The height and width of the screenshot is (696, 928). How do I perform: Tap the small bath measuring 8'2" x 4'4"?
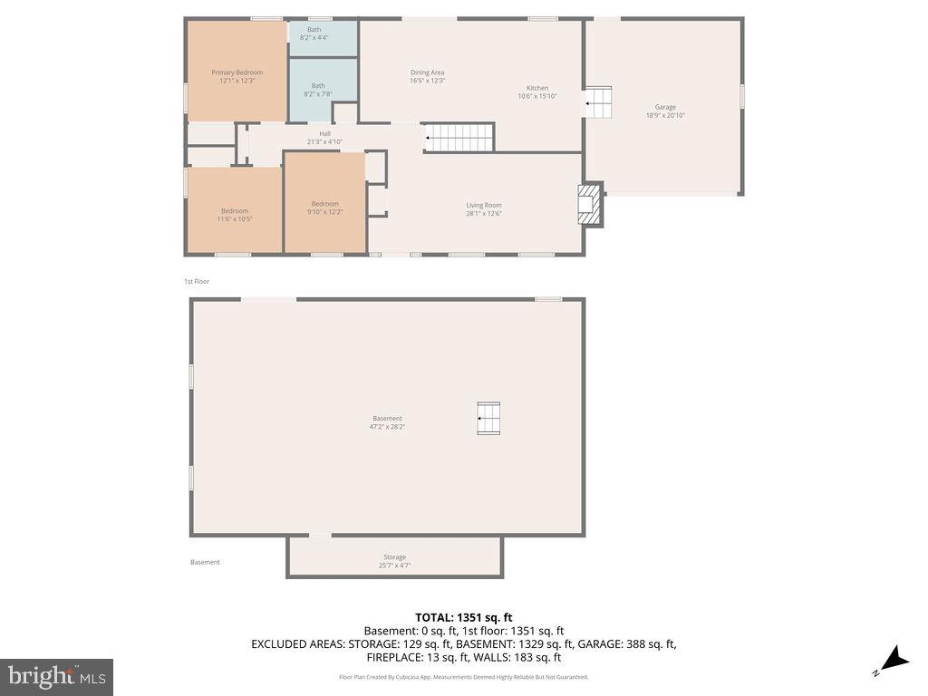(314, 34)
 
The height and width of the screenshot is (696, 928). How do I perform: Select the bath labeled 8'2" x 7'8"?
(317, 90)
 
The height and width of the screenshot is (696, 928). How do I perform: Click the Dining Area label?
(427, 76)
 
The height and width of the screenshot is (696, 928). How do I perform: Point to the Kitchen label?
(537, 92)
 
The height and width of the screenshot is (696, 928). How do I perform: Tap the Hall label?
(324, 138)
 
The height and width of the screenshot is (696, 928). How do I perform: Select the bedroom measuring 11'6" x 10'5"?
(234, 215)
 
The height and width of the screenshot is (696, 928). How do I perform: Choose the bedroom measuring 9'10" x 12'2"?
(324, 208)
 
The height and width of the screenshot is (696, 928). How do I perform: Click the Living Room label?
(484, 209)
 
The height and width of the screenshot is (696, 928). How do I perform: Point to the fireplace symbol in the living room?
(590, 206)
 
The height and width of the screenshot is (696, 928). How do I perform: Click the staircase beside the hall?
(459, 138)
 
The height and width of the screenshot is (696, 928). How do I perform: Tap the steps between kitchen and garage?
(598, 103)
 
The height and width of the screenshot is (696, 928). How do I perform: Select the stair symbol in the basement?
(488, 419)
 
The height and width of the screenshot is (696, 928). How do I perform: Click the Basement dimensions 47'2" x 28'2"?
(387, 426)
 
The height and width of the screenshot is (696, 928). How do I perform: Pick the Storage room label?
(394, 561)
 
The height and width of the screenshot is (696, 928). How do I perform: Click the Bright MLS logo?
(56, 676)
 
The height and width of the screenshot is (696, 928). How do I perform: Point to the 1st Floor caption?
(197, 282)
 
